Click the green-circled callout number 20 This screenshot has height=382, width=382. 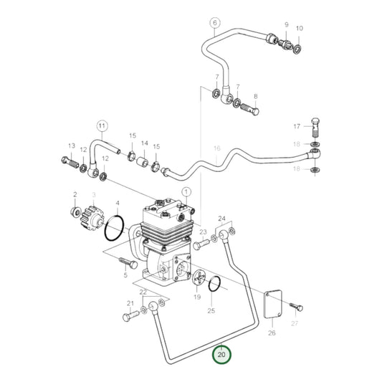[x=221, y=354]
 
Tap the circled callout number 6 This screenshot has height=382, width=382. [x=214, y=23]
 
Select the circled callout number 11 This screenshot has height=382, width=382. [x=102, y=127]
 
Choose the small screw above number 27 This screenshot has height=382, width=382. [x=295, y=307]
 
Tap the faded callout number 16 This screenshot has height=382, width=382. [x=214, y=148]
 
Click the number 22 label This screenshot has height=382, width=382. [x=143, y=292]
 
